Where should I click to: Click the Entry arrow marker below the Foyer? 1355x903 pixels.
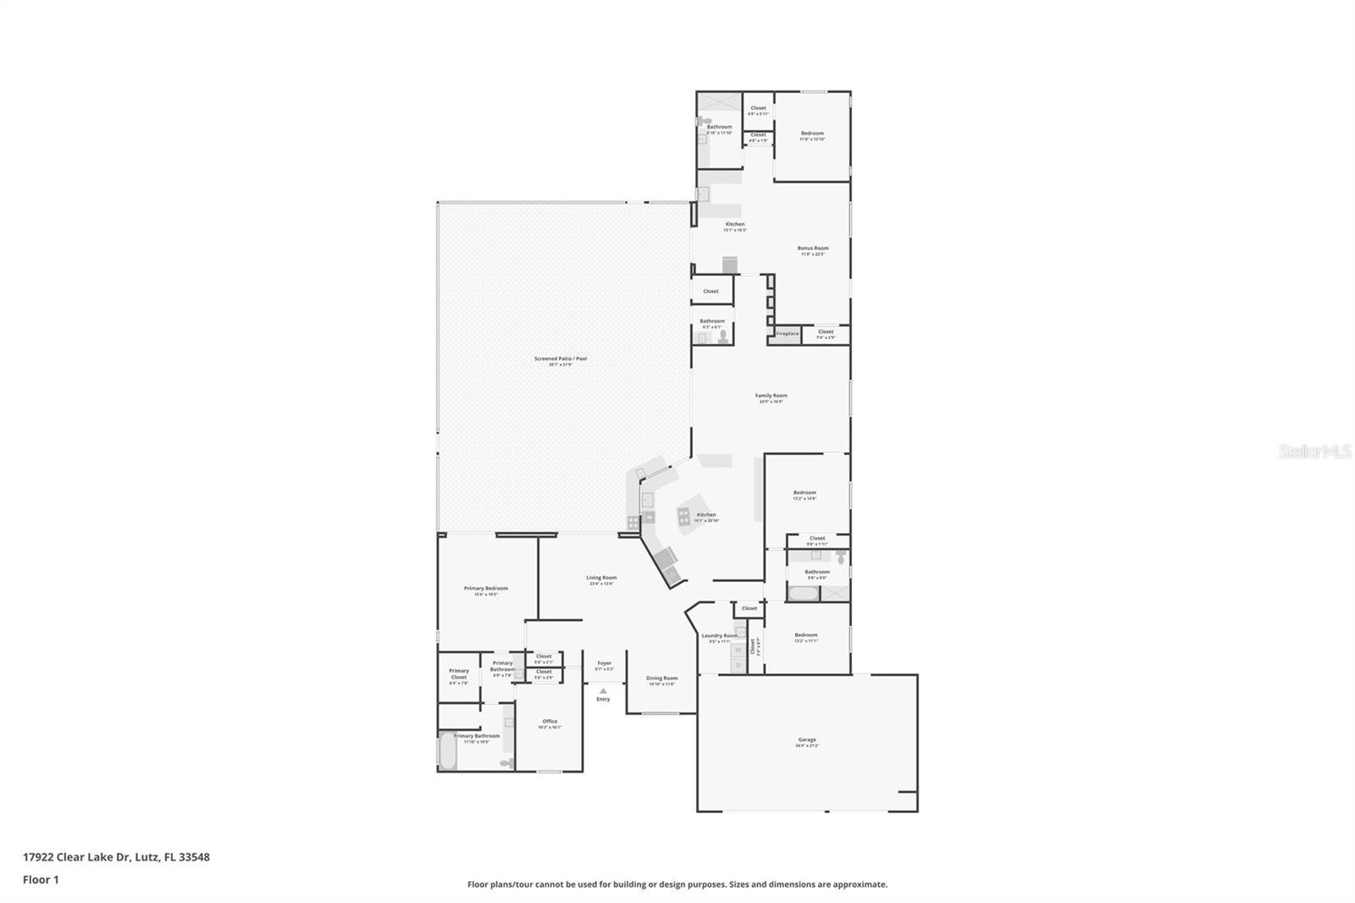603,691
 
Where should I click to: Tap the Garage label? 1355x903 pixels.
806,740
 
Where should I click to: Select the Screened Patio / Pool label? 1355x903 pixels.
560,359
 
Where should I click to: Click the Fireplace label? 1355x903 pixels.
788,334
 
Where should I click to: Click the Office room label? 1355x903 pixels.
550,722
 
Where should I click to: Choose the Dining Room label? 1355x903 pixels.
661,678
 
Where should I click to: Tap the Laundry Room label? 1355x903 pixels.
719,635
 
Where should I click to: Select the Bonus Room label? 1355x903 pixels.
812,248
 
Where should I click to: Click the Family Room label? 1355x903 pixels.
771,396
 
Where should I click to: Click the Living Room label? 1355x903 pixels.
601,578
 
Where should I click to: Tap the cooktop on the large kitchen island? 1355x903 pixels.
683,512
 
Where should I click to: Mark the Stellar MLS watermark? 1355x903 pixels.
1314,452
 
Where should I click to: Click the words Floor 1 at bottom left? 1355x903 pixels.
41,879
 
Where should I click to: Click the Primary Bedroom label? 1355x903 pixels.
485,588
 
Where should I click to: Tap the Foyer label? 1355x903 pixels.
604,663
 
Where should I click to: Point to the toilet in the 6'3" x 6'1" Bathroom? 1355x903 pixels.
722,336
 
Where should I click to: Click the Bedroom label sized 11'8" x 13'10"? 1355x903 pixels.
812,133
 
